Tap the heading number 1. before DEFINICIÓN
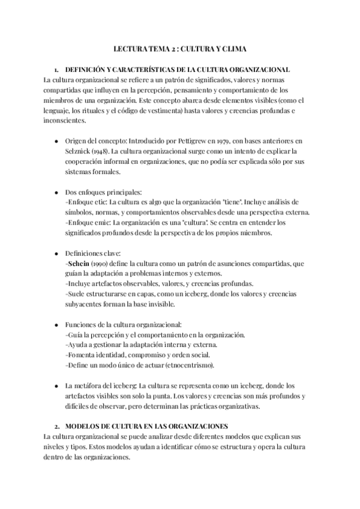pos(57,69)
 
